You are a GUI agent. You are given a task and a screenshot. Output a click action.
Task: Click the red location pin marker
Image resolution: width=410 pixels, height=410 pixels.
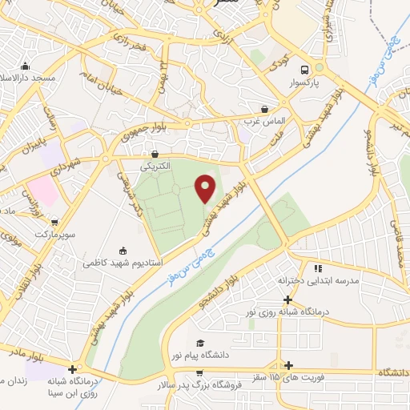(206, 189)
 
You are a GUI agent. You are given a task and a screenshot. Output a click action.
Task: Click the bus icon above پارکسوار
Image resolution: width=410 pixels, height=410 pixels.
(304, 70)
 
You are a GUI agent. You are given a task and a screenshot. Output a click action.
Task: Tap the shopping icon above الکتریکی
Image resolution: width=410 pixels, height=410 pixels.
(155, 155)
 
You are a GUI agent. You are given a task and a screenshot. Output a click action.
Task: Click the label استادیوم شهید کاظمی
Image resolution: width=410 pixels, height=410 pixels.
(123, 263)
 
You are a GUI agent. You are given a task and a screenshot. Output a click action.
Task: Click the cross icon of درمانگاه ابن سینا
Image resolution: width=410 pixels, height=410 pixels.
(73, 370)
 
